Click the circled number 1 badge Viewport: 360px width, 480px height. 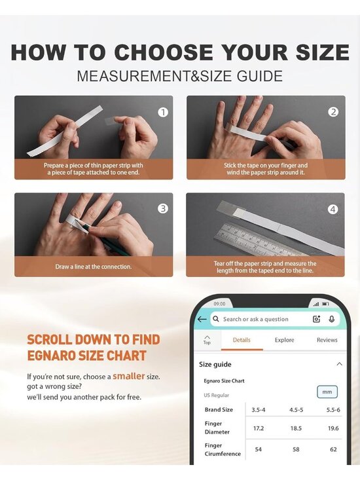(x=163, y=113)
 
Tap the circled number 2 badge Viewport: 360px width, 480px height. (x=333, y=112)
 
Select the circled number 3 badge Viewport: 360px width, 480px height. (x=163, y=208)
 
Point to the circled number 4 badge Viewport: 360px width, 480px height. (x=333, y=210)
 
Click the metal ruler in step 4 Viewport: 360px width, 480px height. (x=260, y=239)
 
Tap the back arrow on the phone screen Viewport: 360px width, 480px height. (x=202, y=320)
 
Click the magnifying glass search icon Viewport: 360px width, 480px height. (x=216, y=319)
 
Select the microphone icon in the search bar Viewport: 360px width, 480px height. (x=332, y=319)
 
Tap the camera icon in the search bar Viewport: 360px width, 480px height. (x=316, y=319)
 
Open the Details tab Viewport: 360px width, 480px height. (x=242, y=340)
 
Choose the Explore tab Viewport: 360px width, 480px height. (x=285, y=340)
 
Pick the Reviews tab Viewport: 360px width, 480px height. (x=327, y=340)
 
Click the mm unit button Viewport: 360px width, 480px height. (x=327, y=392)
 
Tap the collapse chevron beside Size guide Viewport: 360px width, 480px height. (x=339, y=364)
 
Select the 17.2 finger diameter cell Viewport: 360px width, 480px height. (x=259, y=428)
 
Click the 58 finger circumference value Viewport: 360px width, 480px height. (x=296, y=449)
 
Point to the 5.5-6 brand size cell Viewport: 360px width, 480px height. (x=333, y=410)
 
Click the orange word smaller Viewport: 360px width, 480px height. (x=129, y=376)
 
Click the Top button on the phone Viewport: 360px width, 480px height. (x=207, y=340)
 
